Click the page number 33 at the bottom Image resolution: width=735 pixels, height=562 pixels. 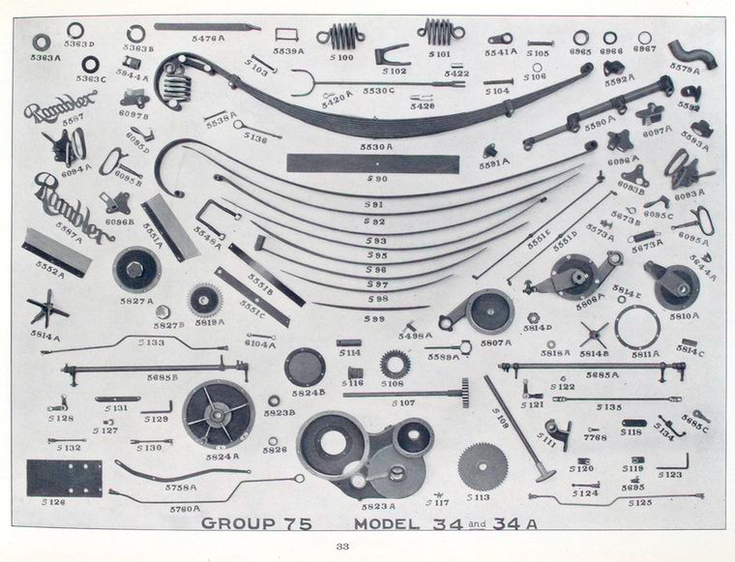coord(341,547)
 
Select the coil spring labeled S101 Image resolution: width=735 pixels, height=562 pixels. coord(441,32)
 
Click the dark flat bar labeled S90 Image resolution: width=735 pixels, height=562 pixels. coord(372,163)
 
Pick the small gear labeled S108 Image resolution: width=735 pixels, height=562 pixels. coord(395,364)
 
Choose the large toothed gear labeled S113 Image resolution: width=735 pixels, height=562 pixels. coord(483,466)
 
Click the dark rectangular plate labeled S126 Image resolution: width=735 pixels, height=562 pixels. coord(64,478)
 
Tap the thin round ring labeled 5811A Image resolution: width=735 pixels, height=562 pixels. coord(637,328)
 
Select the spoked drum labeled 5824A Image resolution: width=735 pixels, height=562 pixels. coord(219,413)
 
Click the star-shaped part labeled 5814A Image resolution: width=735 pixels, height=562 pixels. coord(46,311)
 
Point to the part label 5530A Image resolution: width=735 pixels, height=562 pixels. coord(376,147)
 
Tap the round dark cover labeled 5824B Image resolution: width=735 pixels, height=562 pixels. coord(307,368)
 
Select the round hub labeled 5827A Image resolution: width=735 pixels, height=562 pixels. coord(135,269)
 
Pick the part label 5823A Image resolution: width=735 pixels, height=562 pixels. coord(378,505)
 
